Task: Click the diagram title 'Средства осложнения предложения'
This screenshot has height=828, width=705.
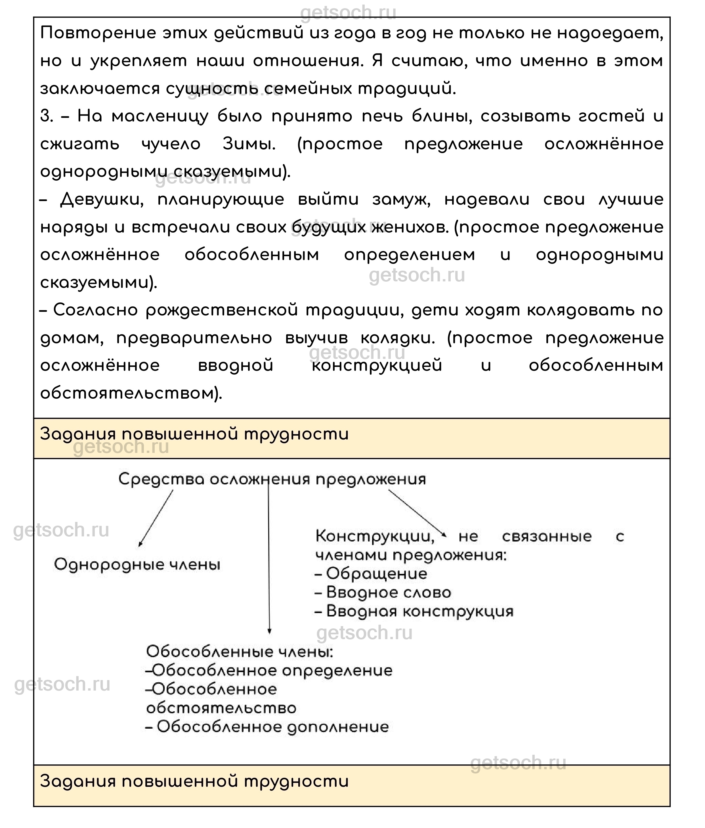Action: [x=272, y=479]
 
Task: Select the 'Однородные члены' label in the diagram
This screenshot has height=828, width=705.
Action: [x=137, y=565]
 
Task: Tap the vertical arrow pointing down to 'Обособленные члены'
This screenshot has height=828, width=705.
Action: [x=269, y=559]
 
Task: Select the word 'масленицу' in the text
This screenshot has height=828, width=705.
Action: [x=160, y=116]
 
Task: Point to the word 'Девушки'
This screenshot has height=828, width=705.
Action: [x=102, y=199]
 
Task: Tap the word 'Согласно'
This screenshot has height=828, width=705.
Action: [x=95, y=310]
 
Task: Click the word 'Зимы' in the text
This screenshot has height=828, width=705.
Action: [x=248, y=144]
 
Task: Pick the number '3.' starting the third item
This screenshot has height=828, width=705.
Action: [x=47, y=116]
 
